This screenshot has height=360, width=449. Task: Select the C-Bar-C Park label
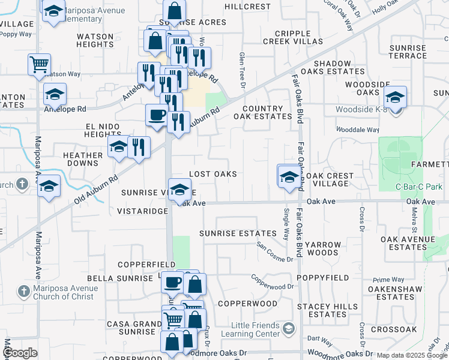[x=410, y=187]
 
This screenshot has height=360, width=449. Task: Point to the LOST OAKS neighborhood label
[x=213, y=174]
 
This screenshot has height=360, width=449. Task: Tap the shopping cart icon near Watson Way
[x=39, y=64]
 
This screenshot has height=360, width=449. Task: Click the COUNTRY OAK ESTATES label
[x=267, y=113]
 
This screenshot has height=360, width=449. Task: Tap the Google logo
[x=20, y=353]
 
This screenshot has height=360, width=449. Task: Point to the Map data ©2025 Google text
[x=412, y=355]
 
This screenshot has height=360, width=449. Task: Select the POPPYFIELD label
[x=326, y=278]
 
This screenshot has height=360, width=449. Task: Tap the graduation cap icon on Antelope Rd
[x=55, y=94]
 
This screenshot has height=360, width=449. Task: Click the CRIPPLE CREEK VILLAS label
[x=293, y=37]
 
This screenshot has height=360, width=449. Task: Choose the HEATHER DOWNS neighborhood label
[x=83, y=159]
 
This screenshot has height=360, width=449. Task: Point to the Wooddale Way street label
[x=357, y=130]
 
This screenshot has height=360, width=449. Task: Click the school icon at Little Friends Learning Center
[x=289, y=328]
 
